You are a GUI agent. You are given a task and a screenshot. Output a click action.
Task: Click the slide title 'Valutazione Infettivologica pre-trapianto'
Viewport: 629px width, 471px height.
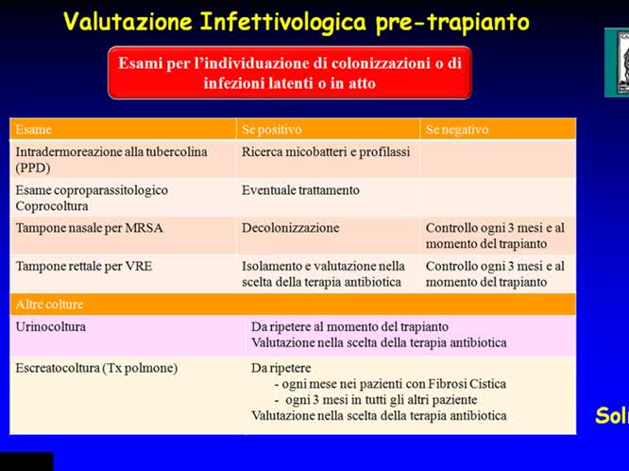pos(296,21)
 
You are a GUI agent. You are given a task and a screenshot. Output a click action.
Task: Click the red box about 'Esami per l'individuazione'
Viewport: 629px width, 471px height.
pos(289,73)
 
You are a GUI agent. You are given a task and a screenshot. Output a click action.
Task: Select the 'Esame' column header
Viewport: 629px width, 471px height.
pos(34,129)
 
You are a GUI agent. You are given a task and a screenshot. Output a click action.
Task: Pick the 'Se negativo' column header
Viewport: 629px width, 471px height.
pos(457,129)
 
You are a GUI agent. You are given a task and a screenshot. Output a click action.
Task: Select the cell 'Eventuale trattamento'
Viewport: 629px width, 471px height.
pos(300,190)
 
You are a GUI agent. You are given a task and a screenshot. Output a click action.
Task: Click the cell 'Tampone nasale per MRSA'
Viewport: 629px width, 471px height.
pos(82,228)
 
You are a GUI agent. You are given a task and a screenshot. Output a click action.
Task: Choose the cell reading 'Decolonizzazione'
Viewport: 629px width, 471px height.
pos(290,228)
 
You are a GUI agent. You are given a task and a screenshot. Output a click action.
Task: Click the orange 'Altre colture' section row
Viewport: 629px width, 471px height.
pos(49,305)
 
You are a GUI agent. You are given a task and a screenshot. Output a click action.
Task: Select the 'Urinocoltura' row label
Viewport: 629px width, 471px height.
pos(50,325)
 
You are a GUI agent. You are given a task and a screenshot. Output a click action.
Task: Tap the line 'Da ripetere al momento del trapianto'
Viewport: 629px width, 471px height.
pos(348,326)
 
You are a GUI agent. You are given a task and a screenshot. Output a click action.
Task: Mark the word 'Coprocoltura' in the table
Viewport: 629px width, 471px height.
pos(53,205)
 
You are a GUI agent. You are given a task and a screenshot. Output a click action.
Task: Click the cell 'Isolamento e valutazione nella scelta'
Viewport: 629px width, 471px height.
pos(323,274)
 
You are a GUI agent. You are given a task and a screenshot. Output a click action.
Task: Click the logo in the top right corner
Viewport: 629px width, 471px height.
pos(617,62)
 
